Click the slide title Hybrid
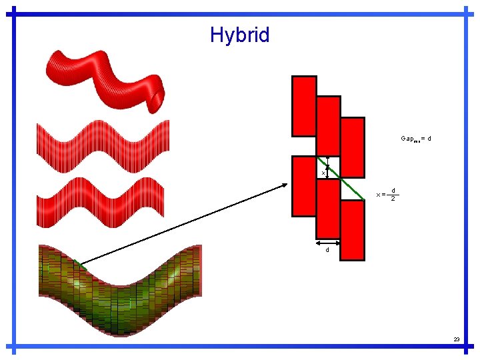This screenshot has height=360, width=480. (x=239, y=35)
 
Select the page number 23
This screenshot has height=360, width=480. (x=457, y=339)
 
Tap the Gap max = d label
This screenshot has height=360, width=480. (x=416, y=139)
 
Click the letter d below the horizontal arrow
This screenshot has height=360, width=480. (x=327, y=251)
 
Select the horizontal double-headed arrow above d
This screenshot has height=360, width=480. (x=328, y=243)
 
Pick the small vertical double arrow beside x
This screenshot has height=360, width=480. (x=327, y=165)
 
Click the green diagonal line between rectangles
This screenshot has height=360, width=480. (x=347, y=185)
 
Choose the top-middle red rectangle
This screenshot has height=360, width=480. (x=328, y=125)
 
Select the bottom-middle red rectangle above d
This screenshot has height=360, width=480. (x=328, y=209)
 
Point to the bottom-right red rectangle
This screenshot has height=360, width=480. (x=353, y=229)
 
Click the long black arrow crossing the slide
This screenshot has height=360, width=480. (x=187, y=223)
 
